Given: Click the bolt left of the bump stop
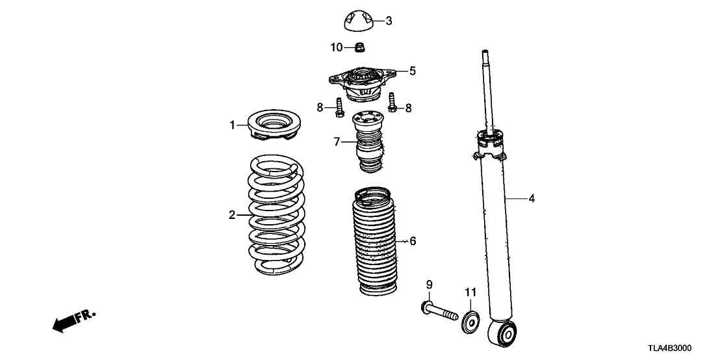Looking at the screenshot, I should [340, 108].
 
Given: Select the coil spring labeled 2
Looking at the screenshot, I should [277, 214].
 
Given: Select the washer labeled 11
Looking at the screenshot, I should [470, 322].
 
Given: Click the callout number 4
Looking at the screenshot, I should [532, 199].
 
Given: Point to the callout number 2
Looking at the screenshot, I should [231, 215].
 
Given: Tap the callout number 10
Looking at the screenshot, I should [335, 47].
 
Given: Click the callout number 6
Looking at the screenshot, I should [413, 241].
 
